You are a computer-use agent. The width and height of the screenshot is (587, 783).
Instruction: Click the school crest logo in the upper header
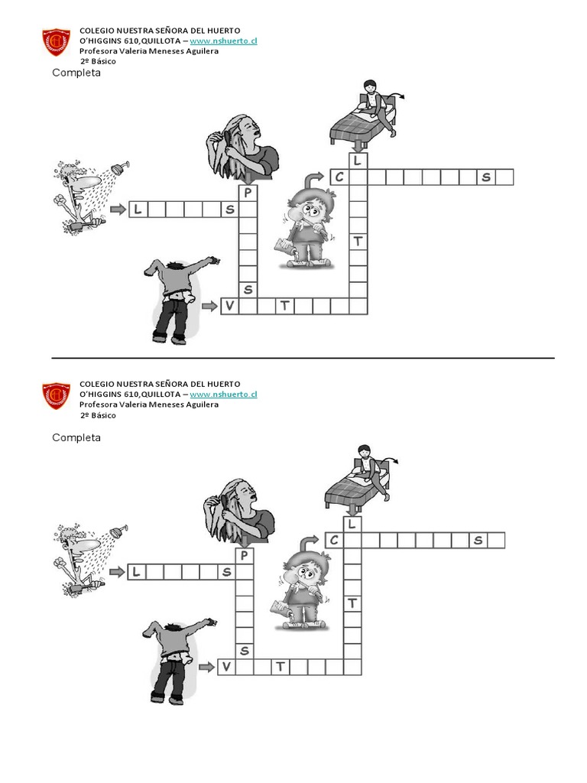coord(56,43)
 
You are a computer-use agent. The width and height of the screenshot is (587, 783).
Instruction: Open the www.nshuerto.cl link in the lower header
coord(223,394)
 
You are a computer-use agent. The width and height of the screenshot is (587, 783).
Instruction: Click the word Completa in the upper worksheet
coord(76,73)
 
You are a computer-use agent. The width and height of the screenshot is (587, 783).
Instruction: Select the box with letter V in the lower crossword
coord(226,667)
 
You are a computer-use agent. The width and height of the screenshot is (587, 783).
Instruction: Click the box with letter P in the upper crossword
coord(248,193)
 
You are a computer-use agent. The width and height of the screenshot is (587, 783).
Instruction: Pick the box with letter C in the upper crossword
coord(339,177)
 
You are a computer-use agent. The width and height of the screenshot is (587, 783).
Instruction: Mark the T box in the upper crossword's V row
coord(284,306)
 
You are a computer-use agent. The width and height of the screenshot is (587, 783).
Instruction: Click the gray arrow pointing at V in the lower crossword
coord(206,667)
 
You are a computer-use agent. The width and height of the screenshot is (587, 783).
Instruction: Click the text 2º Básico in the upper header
coord(98,61)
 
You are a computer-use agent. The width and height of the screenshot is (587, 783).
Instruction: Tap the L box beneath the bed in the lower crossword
coord(352,524)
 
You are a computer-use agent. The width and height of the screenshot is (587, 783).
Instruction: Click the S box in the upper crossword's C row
coord(486,177)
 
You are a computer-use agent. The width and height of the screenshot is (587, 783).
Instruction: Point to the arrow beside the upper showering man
coord(118,209)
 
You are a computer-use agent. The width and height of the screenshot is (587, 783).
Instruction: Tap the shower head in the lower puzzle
coord(118,531)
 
